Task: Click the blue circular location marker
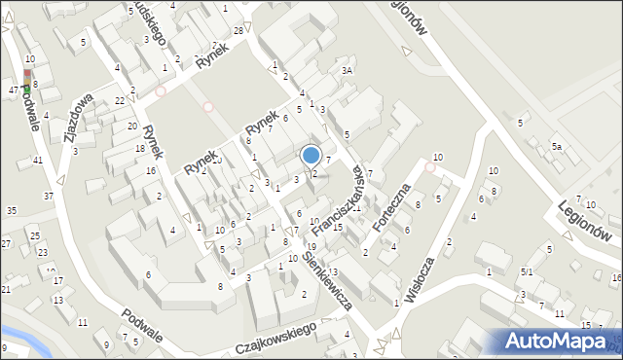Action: [311, 155]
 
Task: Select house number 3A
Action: [347, 71]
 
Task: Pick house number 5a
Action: [557, 146]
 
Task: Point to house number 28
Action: [238, 32]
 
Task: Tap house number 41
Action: [38, 160]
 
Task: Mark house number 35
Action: [11, 210]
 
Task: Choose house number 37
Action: [48, 196]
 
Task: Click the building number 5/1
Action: [526, 272]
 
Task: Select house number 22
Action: [119, 100]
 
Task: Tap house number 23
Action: [41, 252]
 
